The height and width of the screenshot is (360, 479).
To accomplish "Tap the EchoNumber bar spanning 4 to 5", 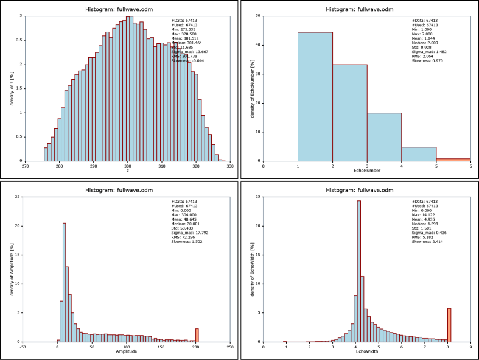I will pos(419,154).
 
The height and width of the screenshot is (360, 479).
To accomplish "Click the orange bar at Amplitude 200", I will pos(197,336).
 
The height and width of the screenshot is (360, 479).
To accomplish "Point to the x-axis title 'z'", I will pos(127,171).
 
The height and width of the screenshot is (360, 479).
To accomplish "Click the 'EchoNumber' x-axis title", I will pos(367,171).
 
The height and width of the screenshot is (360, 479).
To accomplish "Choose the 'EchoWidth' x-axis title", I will pos(367,352).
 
